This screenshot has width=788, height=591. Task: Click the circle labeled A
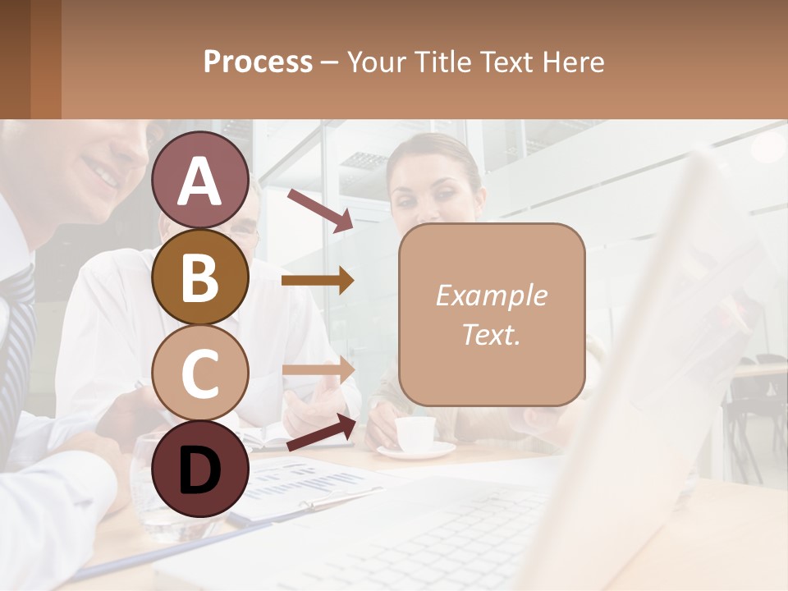click(200, 180)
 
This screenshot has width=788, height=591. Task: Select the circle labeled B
click(200, 277)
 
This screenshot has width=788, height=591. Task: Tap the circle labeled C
click(200, 373)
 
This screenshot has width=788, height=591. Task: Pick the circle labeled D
click(200, 469)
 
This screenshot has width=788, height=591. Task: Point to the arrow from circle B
click(318, 281)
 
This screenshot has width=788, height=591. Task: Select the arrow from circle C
click(318, 369)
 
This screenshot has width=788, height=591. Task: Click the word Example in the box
click(491, 295)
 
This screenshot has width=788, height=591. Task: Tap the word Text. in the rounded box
click(491, 334)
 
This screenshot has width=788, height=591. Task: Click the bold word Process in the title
click(258, 62)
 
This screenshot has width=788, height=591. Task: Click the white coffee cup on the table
click(415, 433)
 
